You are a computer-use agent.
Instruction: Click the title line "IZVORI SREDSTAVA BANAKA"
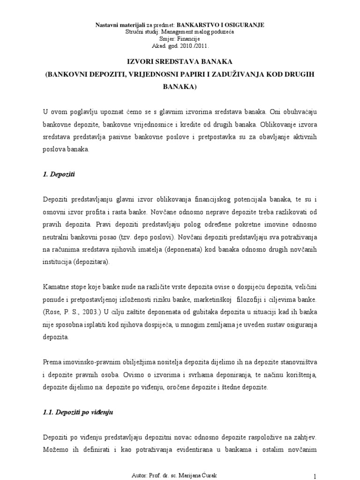pyautogui.click(x=180, y=61)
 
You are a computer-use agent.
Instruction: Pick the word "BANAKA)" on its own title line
pyautogui.click(x=180, y=87)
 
